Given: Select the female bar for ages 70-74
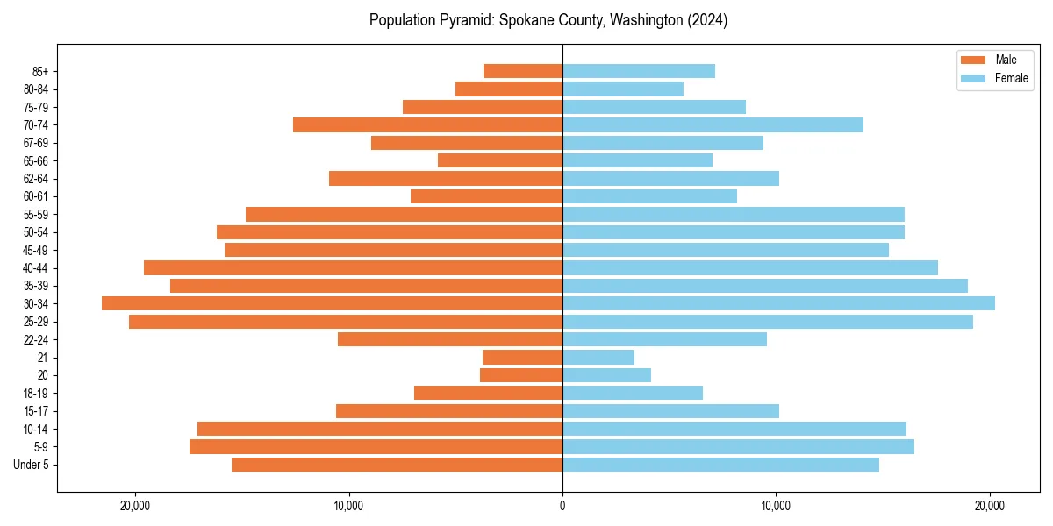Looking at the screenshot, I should point(713,124).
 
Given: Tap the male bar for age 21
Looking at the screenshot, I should point(522,357).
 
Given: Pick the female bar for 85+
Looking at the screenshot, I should point(639,71).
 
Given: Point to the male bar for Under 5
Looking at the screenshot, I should point(397,465).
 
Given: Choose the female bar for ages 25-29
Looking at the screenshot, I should point(768,322).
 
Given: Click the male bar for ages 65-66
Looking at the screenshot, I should point(500,160).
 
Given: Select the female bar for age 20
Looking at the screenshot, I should point(606,375).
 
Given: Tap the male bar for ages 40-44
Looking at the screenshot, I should point(353,267).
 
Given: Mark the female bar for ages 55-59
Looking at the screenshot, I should point(734,214).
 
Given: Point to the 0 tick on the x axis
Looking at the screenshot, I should point(562,506).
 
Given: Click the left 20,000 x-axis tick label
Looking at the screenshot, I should point(135,506).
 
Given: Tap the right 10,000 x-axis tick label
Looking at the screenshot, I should point(776,506).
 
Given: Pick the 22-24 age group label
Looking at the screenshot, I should point(35,339).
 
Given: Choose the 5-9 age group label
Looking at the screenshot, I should point(41,446).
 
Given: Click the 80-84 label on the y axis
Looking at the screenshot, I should point(35,89).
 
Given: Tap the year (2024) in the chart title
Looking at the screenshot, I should point(707,20).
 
